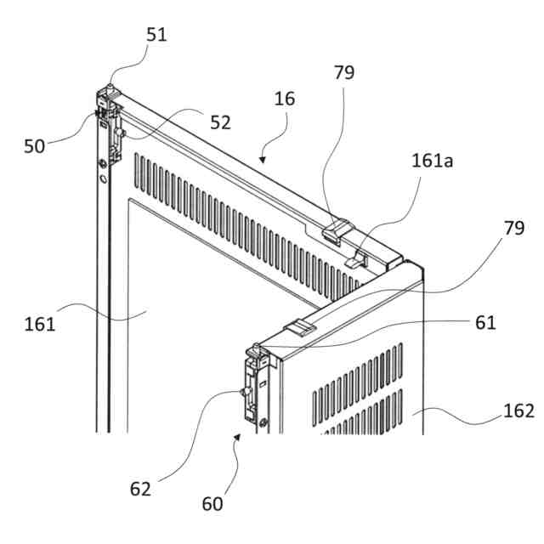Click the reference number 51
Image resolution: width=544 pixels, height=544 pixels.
[x=156, y=35]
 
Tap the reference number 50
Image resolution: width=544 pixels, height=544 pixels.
[x=34, y=145]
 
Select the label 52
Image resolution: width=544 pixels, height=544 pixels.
[x=220, y=122]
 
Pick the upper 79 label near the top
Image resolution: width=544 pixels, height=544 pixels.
[x=343, y=72]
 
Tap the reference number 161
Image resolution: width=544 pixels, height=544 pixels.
[x=40, y=323]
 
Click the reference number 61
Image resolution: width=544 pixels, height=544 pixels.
[x=485, y=322]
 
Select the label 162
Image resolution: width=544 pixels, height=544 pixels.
[x=518, y=411]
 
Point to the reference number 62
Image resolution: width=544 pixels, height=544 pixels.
[x=139, y=489]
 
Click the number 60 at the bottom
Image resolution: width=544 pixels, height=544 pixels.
[x=212, y=503]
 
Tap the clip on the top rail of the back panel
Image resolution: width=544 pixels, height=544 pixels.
[x=337, y=229]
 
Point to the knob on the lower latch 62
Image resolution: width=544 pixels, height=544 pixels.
[x=244, y=391]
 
